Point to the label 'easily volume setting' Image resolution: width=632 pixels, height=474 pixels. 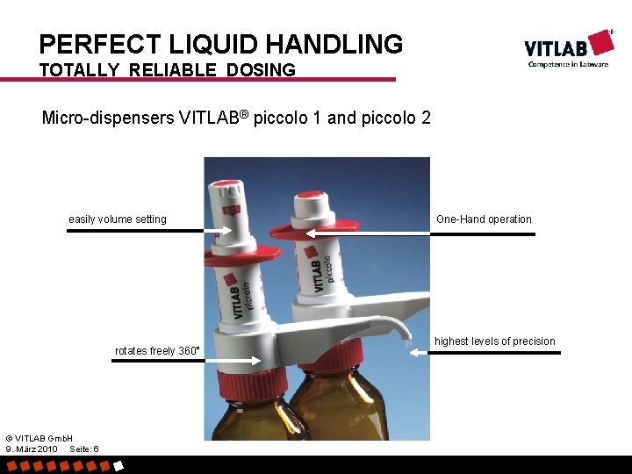[118, 219]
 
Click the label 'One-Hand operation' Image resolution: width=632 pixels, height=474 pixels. [484, 219]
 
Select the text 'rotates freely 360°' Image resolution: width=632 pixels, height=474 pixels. [158, 351]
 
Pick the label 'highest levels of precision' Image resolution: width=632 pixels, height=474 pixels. [495, 341]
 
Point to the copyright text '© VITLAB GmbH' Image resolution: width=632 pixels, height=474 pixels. [39, 437]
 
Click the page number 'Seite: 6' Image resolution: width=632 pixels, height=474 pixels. [83, 449]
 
